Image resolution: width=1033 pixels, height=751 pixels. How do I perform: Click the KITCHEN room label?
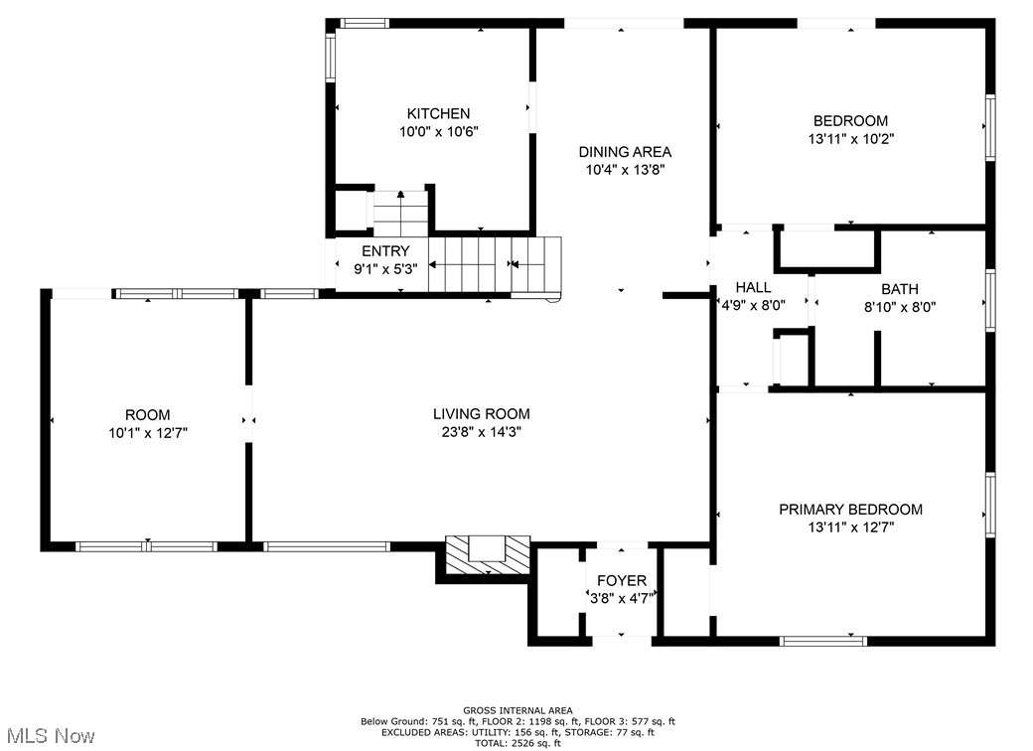click(x=438, y=113)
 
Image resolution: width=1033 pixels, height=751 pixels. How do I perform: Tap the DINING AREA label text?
click(x=625, y=152)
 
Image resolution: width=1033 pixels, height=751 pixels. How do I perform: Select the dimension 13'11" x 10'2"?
click(x=851, y=139)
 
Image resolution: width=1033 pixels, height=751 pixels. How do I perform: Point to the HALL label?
click(x=753, y=288)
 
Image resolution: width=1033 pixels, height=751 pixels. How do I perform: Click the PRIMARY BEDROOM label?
click(x=850, y=510)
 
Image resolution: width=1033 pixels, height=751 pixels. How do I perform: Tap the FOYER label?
click(x=622, y=580)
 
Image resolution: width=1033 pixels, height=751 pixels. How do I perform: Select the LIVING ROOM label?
click(x=481, y=413)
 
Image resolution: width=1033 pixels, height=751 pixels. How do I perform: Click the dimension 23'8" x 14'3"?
click(x=481, y=431)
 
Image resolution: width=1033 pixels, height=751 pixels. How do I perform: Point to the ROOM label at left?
click(x=147, y=414)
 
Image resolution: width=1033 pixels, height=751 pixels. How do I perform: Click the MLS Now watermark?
click(x=49, y=735)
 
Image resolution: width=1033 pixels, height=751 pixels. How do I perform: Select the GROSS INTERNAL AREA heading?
click(x=517, y=710)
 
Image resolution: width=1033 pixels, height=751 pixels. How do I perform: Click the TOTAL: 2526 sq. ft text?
click(x=516, y=743)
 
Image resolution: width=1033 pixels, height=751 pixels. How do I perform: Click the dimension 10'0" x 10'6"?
click(x=438, y=131)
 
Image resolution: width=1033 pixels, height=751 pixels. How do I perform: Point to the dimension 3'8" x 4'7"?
click(x=622, y=598)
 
